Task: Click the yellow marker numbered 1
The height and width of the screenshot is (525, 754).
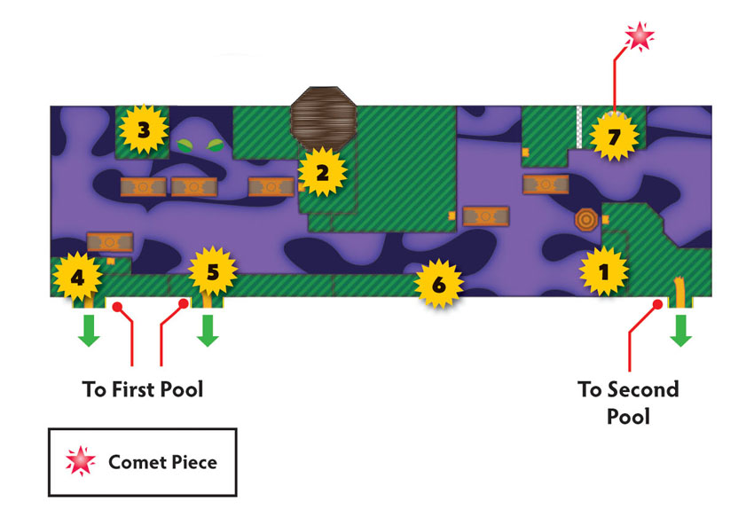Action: pyautogui.click(x=603, y=271)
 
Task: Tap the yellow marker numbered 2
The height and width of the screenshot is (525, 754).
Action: pyautogui.click(x=322, y=172)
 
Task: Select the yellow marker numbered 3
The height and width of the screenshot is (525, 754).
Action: pyautogui.click(x=144, y=129)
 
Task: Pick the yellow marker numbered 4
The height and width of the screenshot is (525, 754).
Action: pyautogui.click(x=77, y=277)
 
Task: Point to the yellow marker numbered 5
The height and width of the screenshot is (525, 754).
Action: pyautogui.click(x=213, y=271)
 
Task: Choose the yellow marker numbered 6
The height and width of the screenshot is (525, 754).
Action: pyautogui.click(x=438, y=284)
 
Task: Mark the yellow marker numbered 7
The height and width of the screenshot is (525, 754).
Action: pyautogui.click(x=614, y=137)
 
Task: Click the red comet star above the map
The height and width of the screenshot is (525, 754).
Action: pyautogui.click(x=640, y=36)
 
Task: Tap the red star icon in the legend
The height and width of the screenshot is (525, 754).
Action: pyautogui.click(x=81, y=460)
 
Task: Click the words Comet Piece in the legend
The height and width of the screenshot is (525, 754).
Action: pyautogui.click(x=162, y=462)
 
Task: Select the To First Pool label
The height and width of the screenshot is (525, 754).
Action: pyautogui.click(x=142, y=389)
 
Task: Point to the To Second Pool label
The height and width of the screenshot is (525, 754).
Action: pyautogui.click(x=629, y=403)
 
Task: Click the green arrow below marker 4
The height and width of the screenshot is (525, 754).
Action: pyautogui.click(x=89, y=330)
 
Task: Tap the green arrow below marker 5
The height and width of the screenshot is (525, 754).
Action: pyautogui.click(x=208, y=330)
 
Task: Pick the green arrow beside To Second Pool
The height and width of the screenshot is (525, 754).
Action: pyautogui.click(x=681, y=330)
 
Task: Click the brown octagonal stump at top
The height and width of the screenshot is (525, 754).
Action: pyautogui.click(x=324, y=119)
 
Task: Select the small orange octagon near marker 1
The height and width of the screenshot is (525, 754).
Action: pyautogui.click(x=586, y=220)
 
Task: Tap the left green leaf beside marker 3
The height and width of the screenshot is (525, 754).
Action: pyautogui.click(x=185, y=145)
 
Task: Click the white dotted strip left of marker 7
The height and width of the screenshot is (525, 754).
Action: pyautogui.click(x=579, y=127)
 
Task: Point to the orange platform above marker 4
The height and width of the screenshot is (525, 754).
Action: pyautogui.click(x=110, y=242)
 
